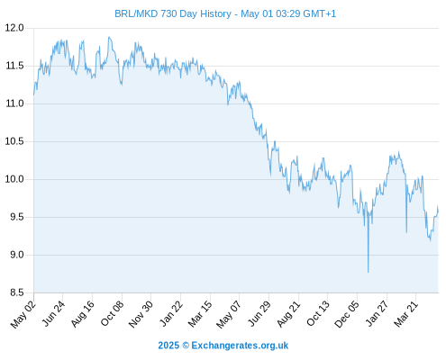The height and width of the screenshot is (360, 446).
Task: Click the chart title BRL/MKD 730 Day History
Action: click(x=173, y=13)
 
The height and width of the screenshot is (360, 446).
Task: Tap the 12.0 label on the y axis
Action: click(x=14, y=28)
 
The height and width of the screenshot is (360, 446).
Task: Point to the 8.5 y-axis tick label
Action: click(x=17, y=292)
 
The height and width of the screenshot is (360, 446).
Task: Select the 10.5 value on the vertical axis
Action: click(x=14, y=141)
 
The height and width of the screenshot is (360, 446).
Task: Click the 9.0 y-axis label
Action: click(x=17, y=255)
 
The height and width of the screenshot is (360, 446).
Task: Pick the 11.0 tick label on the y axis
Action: click(x=14, y=103)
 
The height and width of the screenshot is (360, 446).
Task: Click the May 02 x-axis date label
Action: click(x=23, y=314)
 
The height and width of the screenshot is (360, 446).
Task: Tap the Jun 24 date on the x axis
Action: click(x=53, y=314)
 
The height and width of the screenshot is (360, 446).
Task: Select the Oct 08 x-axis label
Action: click(x=112, y=314)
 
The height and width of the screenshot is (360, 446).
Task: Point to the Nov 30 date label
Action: click(x=141, y=314)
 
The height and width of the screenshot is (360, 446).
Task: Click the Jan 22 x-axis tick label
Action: click(x=171, y=314)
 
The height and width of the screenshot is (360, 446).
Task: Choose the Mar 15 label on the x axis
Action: click(x=200, y=314)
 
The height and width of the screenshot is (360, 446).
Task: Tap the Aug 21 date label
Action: click(x=288, y=314)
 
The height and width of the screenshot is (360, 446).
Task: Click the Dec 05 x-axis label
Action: click(x=347, y=314)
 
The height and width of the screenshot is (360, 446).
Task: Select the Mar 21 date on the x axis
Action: click(x=406, y=314)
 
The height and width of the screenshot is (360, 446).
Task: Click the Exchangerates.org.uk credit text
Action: click(x=240, y=346)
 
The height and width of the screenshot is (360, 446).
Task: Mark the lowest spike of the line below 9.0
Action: click(x=369, y=273)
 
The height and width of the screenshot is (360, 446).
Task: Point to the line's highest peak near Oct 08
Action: click(x=109, y=37)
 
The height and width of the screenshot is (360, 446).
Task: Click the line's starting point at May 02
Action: click(x=34, y=94)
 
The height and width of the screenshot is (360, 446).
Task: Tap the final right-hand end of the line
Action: click(x=438, y=211)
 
